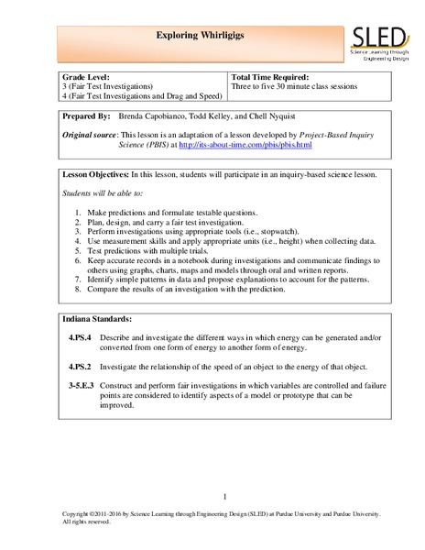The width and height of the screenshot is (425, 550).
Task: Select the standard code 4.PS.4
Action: pos(81,337)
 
